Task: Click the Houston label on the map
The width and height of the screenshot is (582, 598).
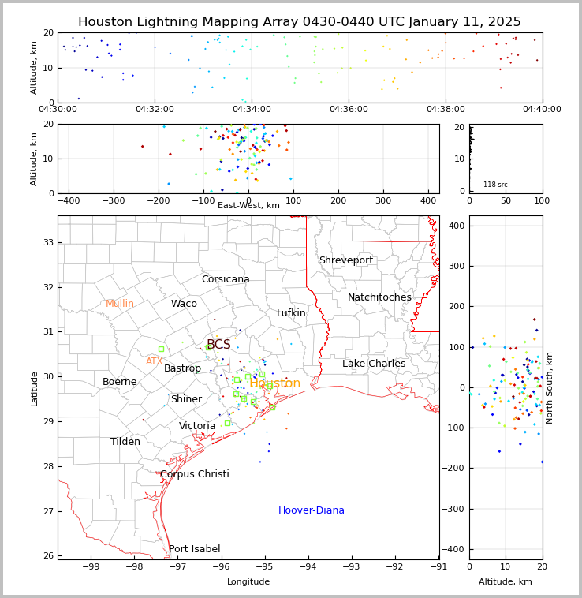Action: (274, 383)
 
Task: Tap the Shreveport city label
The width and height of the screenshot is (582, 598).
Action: (345, 260)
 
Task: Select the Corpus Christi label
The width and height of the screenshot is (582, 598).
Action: (194, 474)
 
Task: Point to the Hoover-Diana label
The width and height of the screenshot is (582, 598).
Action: (311, 510)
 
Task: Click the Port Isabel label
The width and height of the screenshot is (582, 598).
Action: (194, 549)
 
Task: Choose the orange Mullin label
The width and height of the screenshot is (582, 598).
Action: (120, 304)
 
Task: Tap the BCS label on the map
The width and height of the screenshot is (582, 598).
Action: (218, 345)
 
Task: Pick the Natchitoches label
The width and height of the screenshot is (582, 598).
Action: (379, 297)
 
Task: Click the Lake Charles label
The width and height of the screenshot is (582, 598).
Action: (374, 364)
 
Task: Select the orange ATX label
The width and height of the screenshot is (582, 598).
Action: (154, 361)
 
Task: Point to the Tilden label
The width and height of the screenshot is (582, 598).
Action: (125, 442)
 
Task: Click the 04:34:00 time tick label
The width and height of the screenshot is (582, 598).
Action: (252, 109)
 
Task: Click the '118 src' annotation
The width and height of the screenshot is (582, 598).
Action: (495, 185)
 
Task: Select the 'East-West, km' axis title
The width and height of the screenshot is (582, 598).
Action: (248, 206)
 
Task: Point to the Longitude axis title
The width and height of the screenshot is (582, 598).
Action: (248, 581)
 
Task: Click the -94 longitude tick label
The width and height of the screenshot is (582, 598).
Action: (308, 566)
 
